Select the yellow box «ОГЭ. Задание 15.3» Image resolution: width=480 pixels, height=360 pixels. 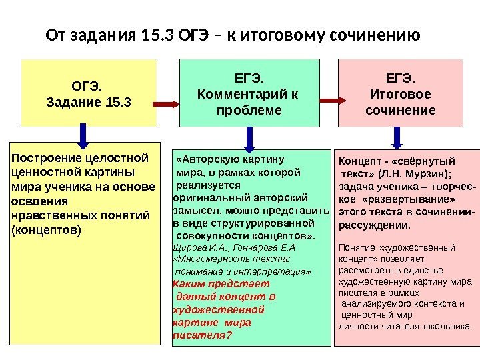[x=89, y=93]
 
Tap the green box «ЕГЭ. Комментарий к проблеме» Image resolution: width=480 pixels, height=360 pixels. [x=249, y=93]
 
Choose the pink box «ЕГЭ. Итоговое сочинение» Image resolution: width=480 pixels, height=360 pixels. [x=401, y=93]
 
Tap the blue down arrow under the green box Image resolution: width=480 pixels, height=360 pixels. [x=249, y=137]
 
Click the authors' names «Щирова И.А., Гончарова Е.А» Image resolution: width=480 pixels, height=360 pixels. [x=233, y=247]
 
